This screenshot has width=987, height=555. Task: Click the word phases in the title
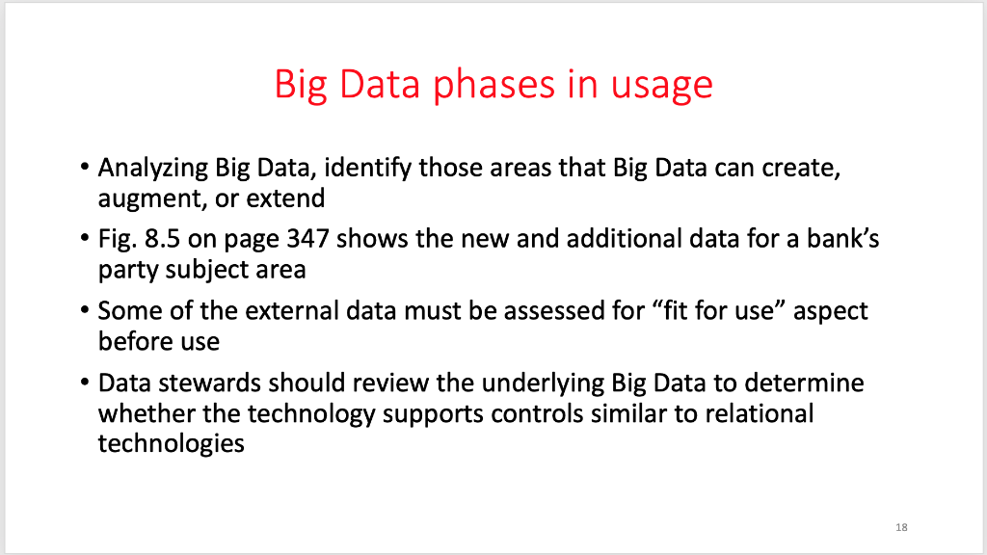coord(491,85)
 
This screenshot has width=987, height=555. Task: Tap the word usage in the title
coord(661,85)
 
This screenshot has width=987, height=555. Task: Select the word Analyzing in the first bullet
coord(152,169)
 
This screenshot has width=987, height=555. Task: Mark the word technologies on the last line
coord(171,445)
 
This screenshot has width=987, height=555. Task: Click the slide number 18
coord(901,527)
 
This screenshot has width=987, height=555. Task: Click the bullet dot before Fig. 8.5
coord(86,240)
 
